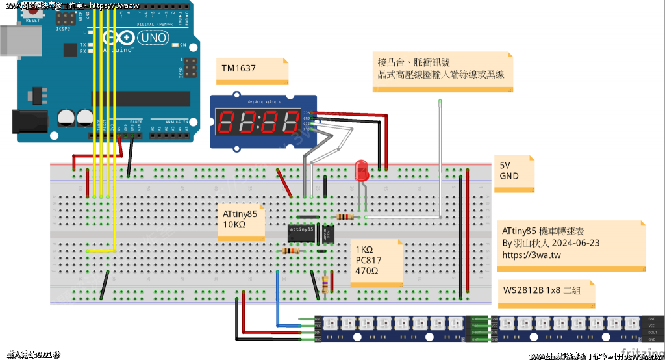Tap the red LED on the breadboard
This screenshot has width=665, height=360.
361,172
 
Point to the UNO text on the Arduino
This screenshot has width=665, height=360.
153,38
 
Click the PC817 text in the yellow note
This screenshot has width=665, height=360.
369,261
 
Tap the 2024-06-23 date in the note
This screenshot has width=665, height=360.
576,242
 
